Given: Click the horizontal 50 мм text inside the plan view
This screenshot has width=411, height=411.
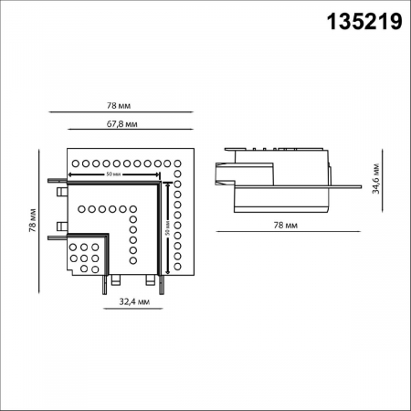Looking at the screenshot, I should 114,173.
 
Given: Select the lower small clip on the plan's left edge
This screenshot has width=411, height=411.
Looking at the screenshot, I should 63,225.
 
